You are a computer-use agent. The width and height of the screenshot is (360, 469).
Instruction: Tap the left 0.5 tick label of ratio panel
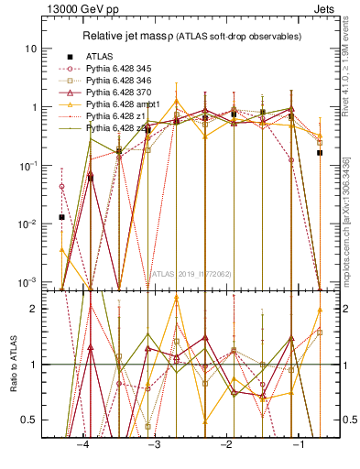[x=30, y=420]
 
